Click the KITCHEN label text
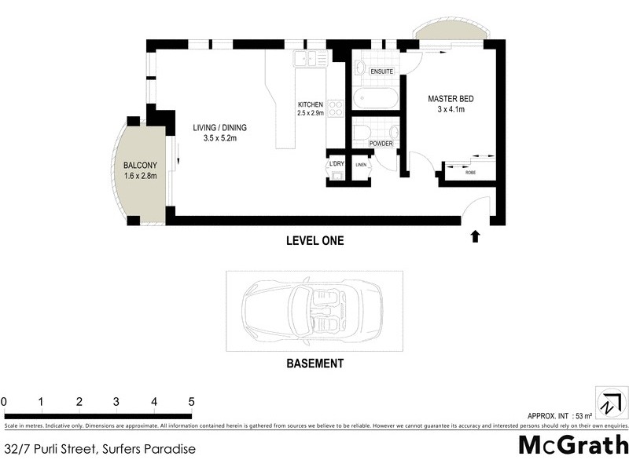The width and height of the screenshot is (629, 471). pyautogui.click(x=311, y=105)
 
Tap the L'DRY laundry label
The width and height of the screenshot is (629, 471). pyautogui.click(x=337, y=163)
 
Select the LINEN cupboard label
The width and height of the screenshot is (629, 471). pyautogui.click(x=361, y=165)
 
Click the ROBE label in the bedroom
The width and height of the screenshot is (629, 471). pyautogui.click(x=470, y=172)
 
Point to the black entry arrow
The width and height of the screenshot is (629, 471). pyautogui.click(x=475, y=235)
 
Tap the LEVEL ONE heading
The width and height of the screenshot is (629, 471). pyautogui.click(x=314, y=241)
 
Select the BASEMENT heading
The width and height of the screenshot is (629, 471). pyautogui.click(x=314, y=363)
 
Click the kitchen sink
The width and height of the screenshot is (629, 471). pyautogui.click(x=305, y=57)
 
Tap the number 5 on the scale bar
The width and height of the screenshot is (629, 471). pyautogui.click(x=191, y=402)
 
